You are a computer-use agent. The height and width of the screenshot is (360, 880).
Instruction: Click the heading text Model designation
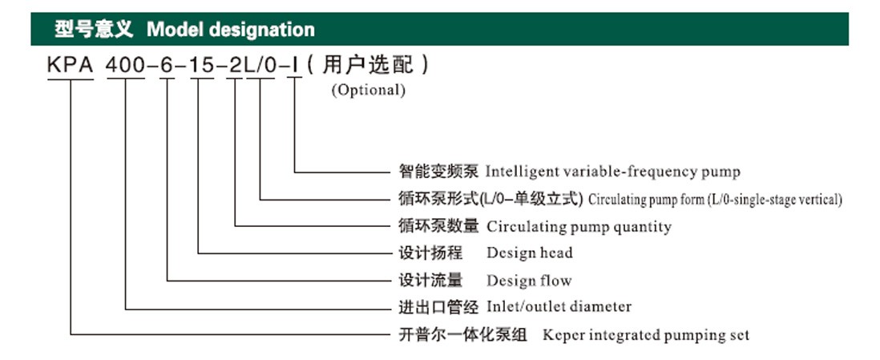[231, 29]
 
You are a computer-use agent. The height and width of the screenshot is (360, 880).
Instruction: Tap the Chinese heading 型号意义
[95, 29]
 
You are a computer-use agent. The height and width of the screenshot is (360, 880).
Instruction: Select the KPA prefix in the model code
[71, 66]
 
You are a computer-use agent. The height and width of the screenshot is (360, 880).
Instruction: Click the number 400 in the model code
[126, 66]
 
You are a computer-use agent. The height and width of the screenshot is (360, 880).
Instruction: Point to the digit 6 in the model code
[168, 66]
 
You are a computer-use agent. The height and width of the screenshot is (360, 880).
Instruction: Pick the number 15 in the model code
[202, 66]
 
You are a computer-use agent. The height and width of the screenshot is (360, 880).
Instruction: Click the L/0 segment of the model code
[260, 66]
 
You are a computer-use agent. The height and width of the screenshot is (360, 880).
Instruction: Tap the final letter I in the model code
[295, 66]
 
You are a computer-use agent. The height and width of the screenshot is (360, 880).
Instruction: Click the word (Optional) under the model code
[368, 90]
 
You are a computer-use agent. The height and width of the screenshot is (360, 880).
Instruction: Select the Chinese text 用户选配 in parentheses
[368, 65]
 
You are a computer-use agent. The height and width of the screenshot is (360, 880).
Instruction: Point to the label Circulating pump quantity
[579, 226]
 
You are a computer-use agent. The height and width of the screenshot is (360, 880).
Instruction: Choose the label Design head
[530, 253]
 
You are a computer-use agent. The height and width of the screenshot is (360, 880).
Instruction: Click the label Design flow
[529, 280]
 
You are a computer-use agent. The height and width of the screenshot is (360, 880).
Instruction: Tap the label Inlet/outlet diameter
[559, 306]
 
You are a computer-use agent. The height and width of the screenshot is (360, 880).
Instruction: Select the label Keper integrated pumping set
[646, 335]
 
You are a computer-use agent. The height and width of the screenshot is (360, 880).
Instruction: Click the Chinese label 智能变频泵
[438, 171]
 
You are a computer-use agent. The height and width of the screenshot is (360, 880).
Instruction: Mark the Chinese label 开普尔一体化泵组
[462, 335]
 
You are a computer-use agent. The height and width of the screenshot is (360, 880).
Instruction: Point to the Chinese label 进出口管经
[438, 306]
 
